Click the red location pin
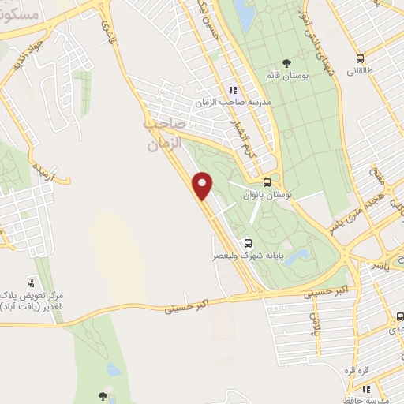[204, 185]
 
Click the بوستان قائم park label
[308, 77]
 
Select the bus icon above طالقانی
[361, 58]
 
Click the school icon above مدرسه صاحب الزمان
[231, 91]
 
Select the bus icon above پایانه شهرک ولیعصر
[247, 243]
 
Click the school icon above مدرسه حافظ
[367, 389]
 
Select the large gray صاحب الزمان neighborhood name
[164, 135]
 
